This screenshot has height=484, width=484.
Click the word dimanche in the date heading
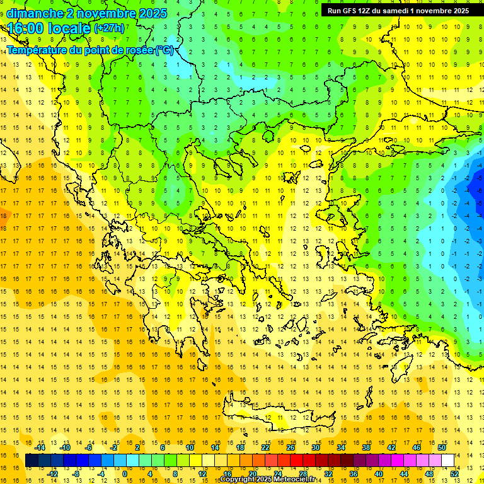point(35,13)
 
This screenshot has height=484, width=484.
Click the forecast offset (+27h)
point(109,28)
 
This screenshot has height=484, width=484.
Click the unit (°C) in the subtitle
point(165,50)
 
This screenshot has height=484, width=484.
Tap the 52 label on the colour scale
point(455,474)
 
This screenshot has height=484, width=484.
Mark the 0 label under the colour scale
point(125,474)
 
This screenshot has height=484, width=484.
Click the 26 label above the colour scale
point(291,447)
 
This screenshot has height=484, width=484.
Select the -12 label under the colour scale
point(53,474)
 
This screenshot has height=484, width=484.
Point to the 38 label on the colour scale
point(366,447)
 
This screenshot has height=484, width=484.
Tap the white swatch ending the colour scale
point(447,460)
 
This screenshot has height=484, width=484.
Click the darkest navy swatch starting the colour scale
point(32,460)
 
